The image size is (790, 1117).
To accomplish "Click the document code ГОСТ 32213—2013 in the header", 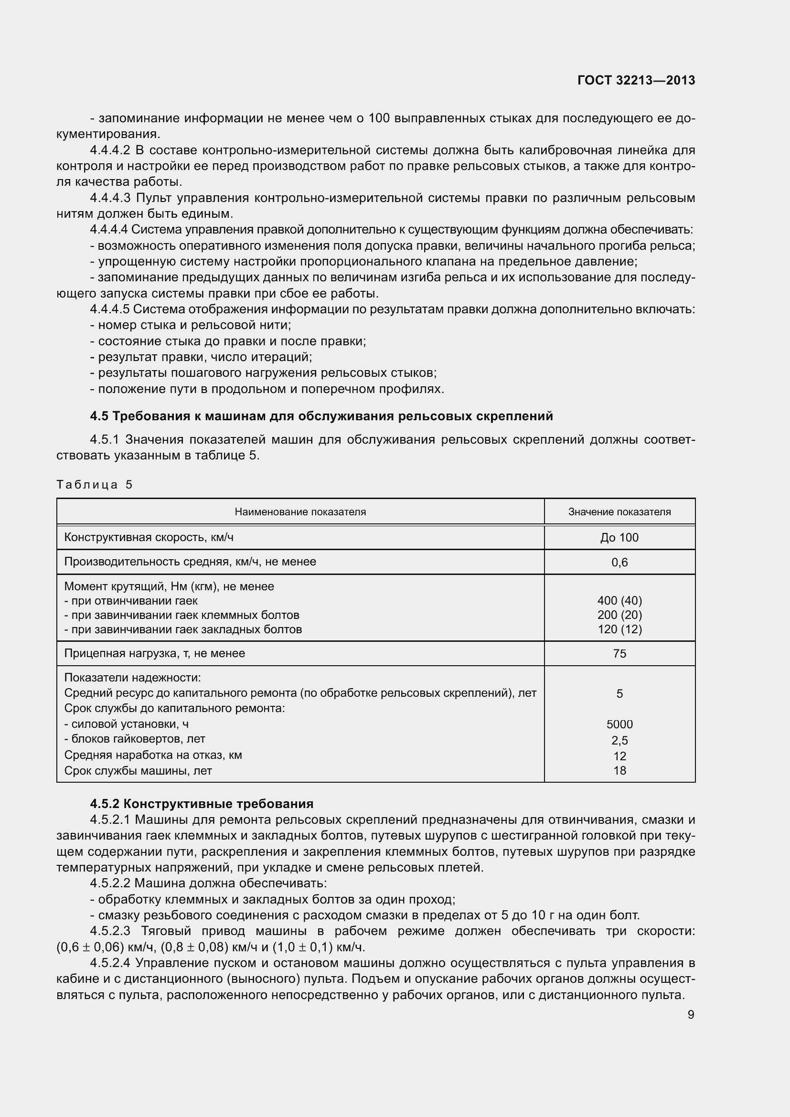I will [x=636, y=80].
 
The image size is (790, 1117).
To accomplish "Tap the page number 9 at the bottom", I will [x=691, y=1014].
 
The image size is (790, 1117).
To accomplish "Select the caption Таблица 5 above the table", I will [x=95, y=485].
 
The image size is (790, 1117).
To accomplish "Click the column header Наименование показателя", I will [x=300, y=512].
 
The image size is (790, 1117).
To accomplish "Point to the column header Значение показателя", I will [x=619, y=512].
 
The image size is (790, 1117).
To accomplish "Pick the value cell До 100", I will [x=619, y=538].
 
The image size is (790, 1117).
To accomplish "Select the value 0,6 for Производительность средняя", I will [x=619, y=563].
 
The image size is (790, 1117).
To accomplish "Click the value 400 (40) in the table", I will [x=619, y=601].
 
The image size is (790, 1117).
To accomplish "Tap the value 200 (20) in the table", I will [x=619, y=615].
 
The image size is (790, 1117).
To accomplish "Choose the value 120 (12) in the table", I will [x=619, y=629].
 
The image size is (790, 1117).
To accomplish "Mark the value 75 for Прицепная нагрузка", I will [x=619, y=653].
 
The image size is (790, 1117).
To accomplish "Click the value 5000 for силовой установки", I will [x=619, y=724].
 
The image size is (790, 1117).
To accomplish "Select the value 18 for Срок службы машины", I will [x=619, y=771].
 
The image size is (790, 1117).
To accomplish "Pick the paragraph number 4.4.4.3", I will [x=110, y=198].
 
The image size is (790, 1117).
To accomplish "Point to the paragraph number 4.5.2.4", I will [x=110, y=963].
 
